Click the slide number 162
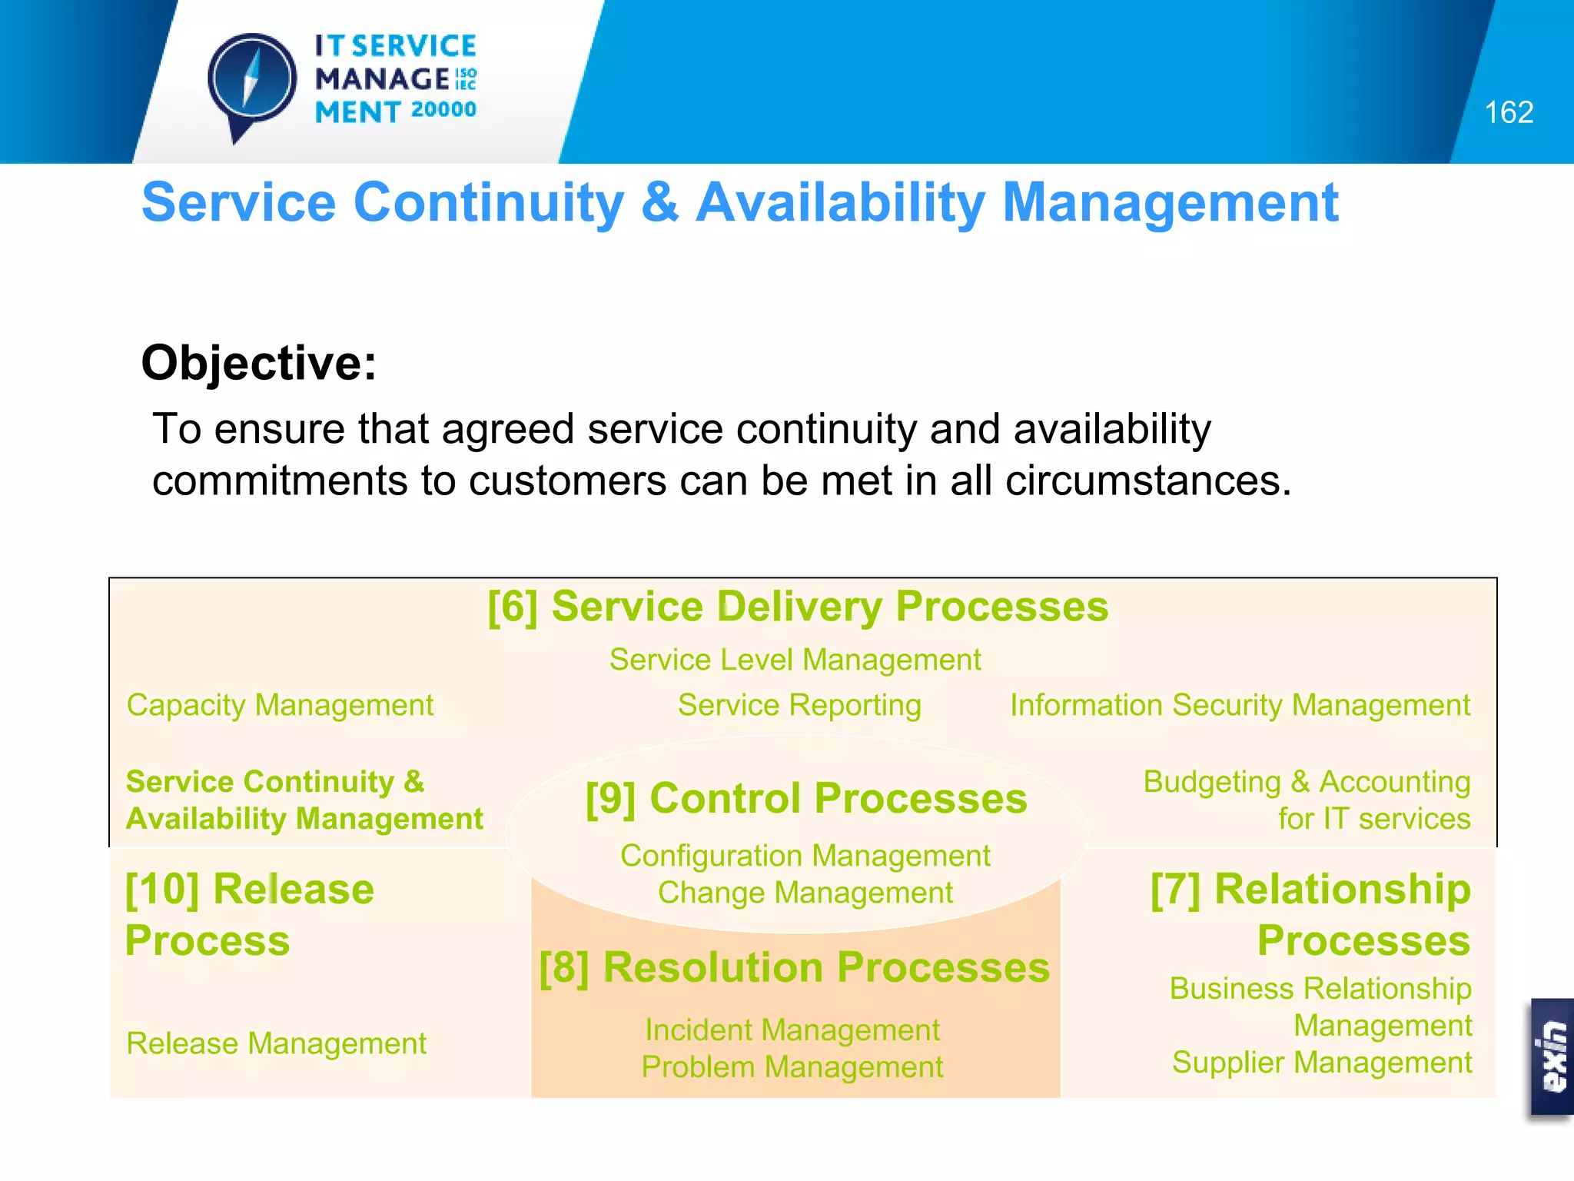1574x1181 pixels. point(1508,113)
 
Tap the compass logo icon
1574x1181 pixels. point(251,82)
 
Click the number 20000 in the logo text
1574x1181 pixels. point(443,110)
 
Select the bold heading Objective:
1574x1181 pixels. point(259,362)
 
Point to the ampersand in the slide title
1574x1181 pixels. point(659,202)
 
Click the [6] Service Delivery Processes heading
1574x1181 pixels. point(798,607)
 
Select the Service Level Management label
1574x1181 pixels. point(795,660)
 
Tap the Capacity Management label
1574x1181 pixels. point(280,705)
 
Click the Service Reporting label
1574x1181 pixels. point(799,705)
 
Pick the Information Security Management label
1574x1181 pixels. point(1239,705)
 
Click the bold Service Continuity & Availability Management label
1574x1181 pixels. point(304,800)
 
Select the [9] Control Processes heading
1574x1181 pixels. point(805,798)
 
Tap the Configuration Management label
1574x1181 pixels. point(805,856)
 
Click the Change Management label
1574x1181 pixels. point(805,893)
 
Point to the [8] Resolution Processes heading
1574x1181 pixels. point(794,967)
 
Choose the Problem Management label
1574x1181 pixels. point(792,1067)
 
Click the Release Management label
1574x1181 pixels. point(276,1043)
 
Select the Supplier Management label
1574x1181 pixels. point(1321,1063)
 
